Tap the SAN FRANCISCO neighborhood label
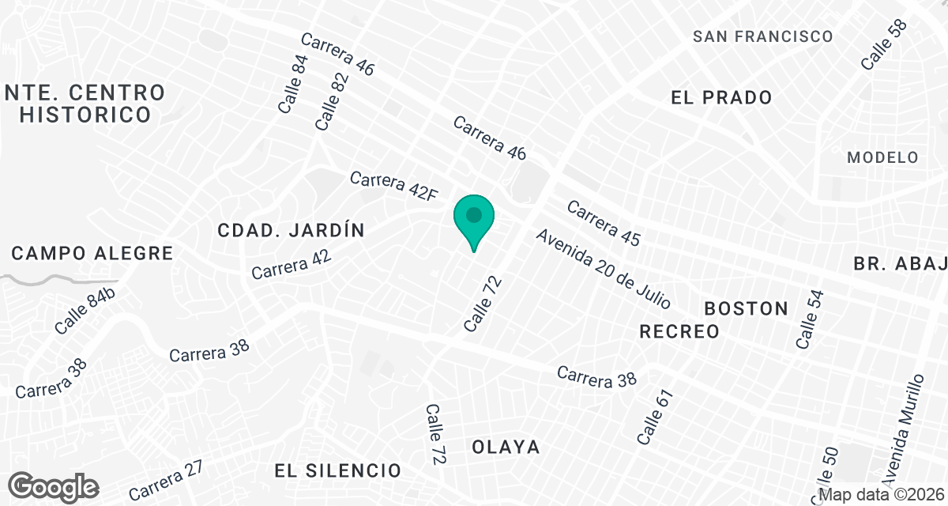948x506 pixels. pyautogui.click(x=762, y=36)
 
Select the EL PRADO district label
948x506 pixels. pyautogui.click(x=720, y=98)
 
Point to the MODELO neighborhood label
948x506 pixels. pyautogui.click(x=882, y=157)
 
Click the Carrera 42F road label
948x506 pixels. pyautogui.click(x=393, y=187)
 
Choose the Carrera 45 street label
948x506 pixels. pyautogui.click(x=603, y=223)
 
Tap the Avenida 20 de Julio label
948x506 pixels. pyautogui.click(x=604, y=269)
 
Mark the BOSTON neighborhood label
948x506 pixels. pyautogui.click(x=746, y=308)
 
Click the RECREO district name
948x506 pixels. pyautogui.click(x=679, y=331)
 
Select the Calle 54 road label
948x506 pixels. pyautogui.click(x=809, y=319)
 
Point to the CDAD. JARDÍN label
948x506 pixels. pyautogui.click(x=292, y=231)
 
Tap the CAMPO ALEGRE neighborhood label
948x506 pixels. pyautogui.click(x=92, y=254)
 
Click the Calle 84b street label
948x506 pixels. pyautogui.click(x=85, y=312)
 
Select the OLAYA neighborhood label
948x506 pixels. pyautogui.click(x=506, y=447)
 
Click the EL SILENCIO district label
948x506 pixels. pyautogui.click(x=338, y=470)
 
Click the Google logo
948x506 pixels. pyautogui.click(x=55, y=486)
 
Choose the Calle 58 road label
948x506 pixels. pyautogui.click(x=884, y=44)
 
